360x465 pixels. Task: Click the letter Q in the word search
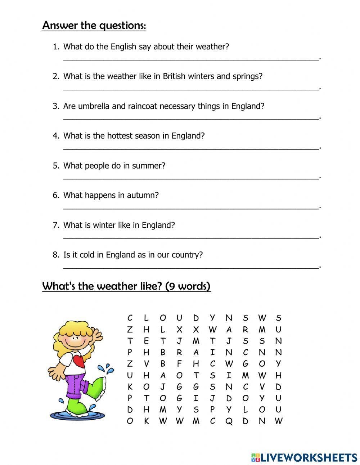pos(229,421)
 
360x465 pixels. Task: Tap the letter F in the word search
pos(179,364)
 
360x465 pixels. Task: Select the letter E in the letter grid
pos(146,341)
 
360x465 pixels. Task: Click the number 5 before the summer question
pos(55,166)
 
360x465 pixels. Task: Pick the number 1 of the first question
pos(55,47)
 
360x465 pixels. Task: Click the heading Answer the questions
pos(94,26)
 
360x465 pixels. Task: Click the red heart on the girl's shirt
pos(79,360)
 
